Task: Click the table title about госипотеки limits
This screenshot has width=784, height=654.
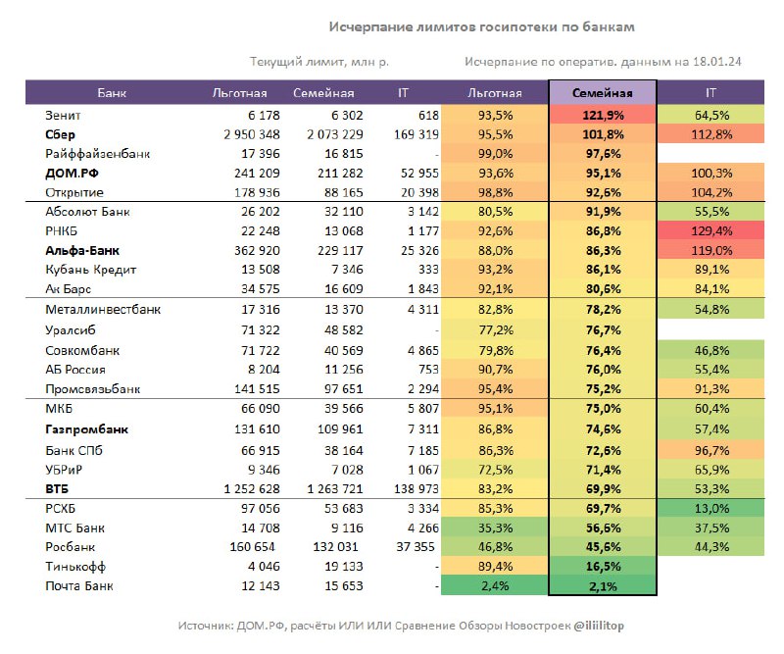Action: click(x=481, y=27)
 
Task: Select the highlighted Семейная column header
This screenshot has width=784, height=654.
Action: click(x=603, y=93)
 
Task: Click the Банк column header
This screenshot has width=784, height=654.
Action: click(x=112, y=93)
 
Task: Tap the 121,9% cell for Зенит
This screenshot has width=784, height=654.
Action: click(x=603, y=115)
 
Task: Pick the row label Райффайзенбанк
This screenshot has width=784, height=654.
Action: click(x=97, y=154)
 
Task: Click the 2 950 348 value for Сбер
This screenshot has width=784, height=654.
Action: click(x=252, y=134)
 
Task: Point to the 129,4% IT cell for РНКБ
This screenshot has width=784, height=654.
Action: click(x=711, y=231)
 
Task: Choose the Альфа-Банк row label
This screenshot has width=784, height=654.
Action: click(x=82, y=250)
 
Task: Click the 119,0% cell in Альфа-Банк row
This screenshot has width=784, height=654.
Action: click(x=711, y=250)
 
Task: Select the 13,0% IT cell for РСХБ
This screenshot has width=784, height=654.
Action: click(x=711, y=508)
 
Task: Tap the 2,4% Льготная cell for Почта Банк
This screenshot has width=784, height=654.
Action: click(x=495, y=586)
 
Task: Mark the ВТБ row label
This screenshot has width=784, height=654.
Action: click(x=57, y=489)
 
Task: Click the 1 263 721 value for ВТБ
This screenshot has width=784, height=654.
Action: click(x=335, y=489)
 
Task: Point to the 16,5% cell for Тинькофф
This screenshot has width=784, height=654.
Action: click(x=603, y=567)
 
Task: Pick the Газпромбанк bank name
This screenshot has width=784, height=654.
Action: click(x=86, y=429)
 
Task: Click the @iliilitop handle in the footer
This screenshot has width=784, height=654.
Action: click(x=599, y=626)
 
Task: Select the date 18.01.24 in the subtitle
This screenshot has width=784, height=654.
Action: click(x=716, y=62)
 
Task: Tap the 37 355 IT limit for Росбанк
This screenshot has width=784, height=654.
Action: click(x=416, y=547)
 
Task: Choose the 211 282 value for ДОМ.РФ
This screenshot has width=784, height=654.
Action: click(x=340, y=174)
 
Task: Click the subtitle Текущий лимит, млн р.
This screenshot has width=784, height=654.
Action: click(x=319, y=62)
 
